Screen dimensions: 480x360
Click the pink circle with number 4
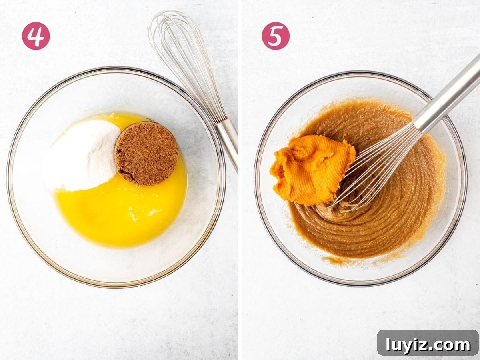click(x=36, y=36)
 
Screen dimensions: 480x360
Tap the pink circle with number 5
click(x=276, y=36)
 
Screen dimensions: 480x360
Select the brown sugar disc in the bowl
click(x=146, y=154)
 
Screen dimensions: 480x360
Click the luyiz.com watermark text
click(x=428, y=345)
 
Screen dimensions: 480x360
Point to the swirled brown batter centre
click(x=341, y=210)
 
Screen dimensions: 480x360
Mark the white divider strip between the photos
click(x=240, y=180)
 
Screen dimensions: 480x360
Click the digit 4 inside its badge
click(x=36, y=36)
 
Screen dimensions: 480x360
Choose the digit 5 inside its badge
click(x=276, y=36)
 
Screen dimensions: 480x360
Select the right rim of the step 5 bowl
click(x=464, y=179)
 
